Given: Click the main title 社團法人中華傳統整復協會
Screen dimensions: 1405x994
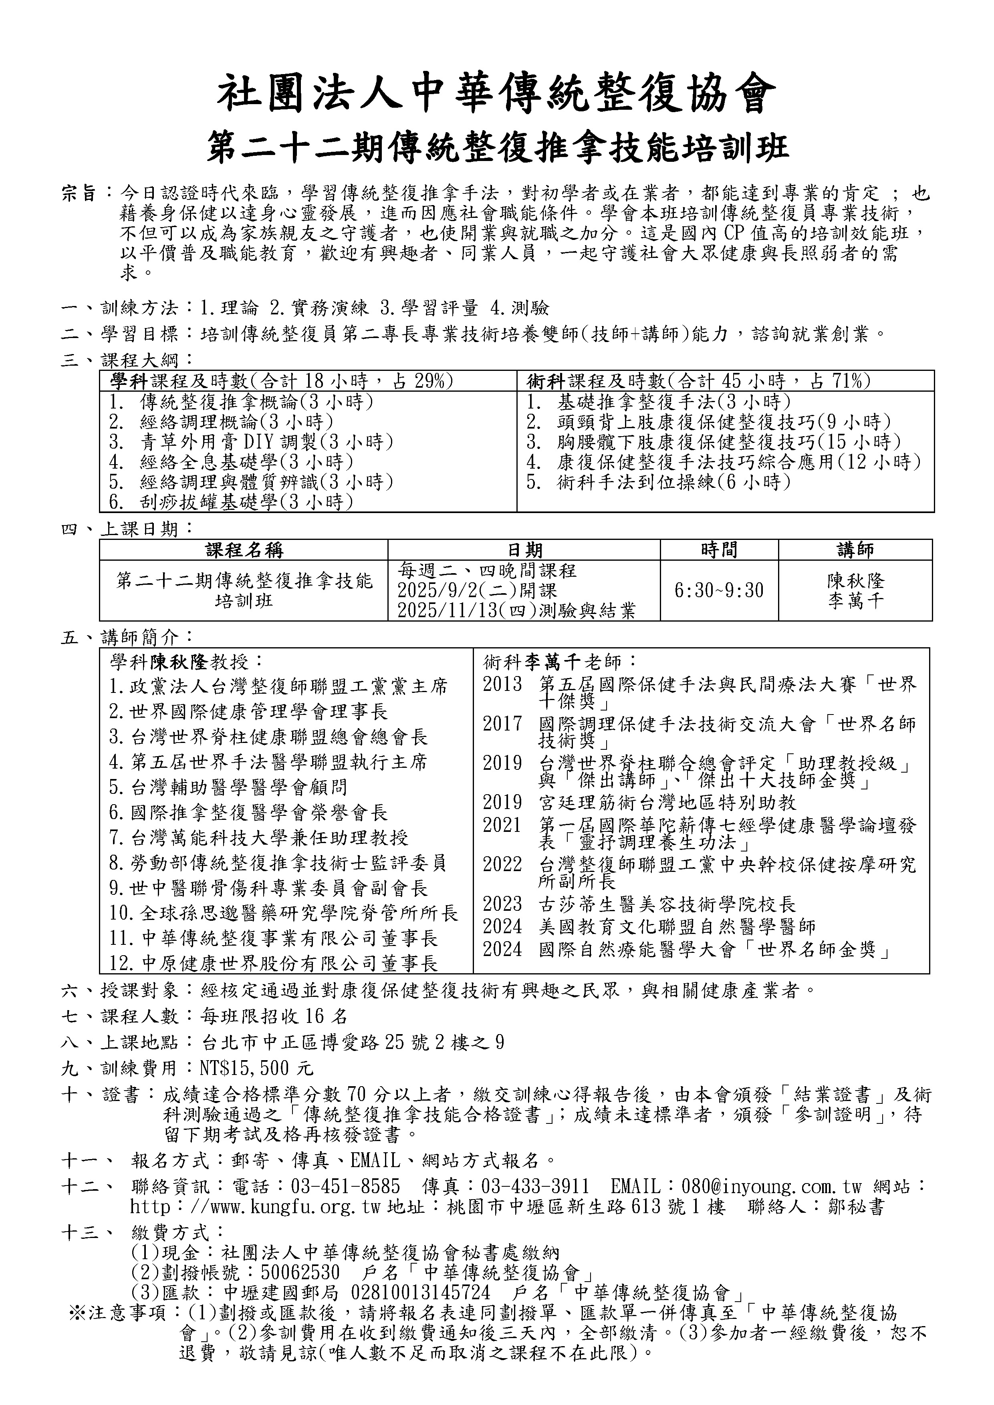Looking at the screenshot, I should [x=497, y=95].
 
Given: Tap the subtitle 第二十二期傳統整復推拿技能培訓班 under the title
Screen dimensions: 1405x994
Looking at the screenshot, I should [x=497, y=148].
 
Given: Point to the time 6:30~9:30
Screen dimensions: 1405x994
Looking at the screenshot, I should [x=719, y=590].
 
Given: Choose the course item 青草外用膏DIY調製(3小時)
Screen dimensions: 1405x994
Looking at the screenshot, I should [x=266, y=442].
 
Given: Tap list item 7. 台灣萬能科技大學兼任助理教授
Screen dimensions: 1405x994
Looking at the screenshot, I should [x=259, y=837].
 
